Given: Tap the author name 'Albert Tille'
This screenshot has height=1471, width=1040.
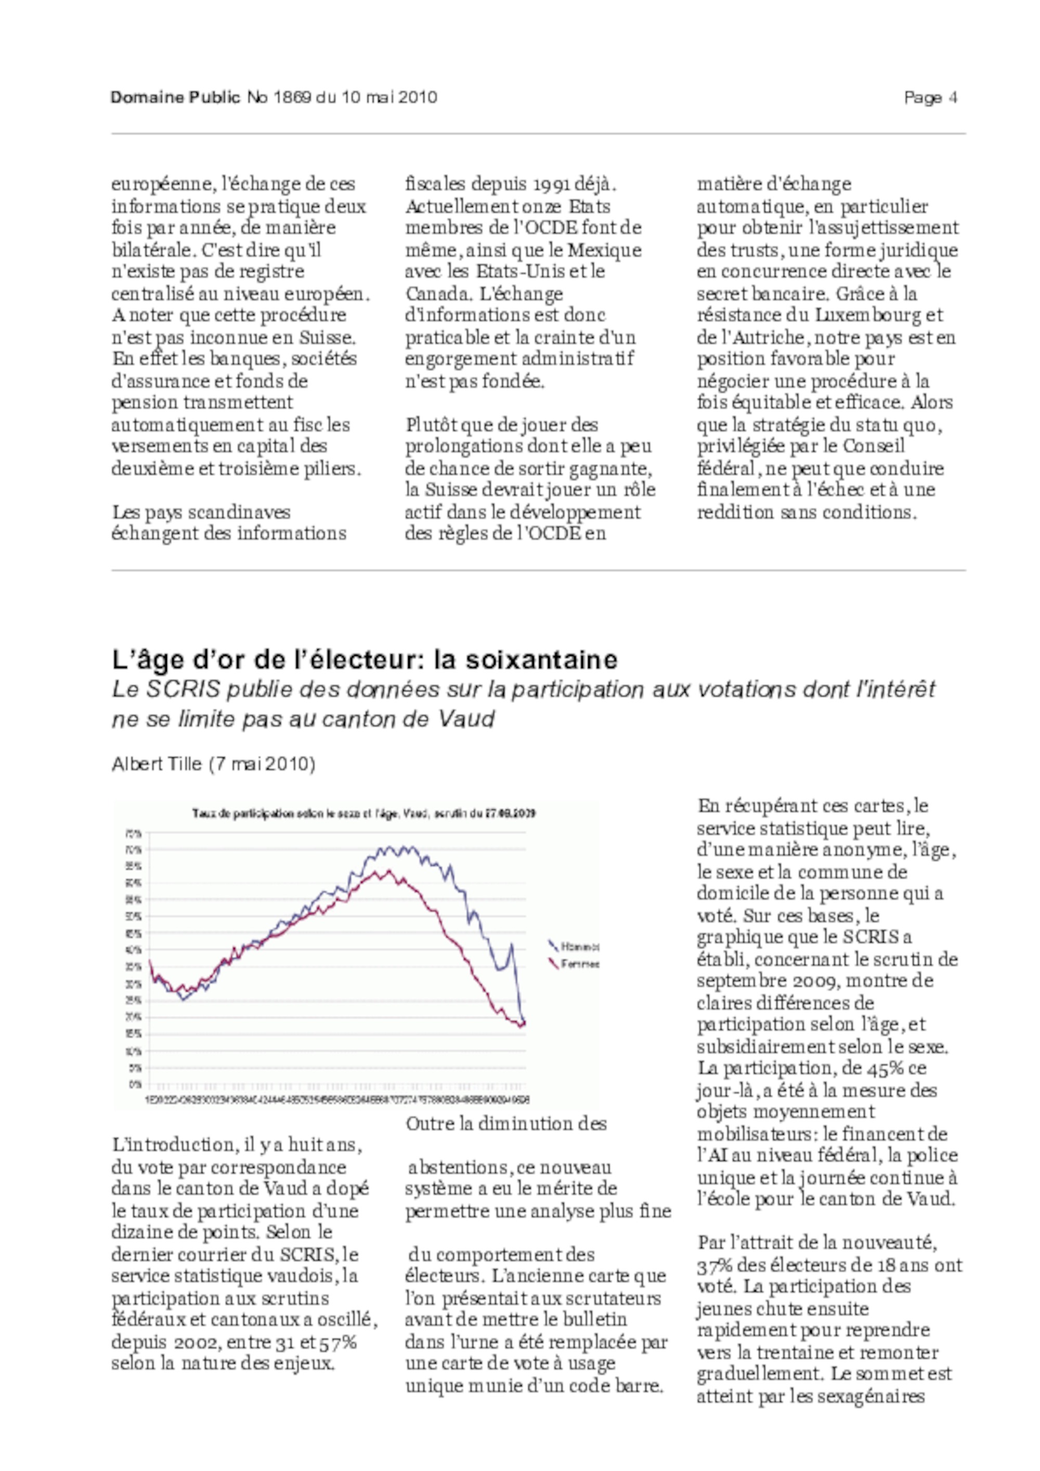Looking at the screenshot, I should [157, 764].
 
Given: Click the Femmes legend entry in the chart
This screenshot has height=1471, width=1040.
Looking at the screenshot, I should [579, 964].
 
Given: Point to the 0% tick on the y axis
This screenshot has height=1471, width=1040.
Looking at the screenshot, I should [135, 1085].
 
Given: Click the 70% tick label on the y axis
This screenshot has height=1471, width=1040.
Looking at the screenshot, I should [135, 849].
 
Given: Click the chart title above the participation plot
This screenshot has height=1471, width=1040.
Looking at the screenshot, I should [364, 813].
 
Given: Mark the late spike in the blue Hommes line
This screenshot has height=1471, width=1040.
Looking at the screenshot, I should [511, 944].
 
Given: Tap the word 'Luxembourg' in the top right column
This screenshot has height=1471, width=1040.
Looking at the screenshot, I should [869, 315].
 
